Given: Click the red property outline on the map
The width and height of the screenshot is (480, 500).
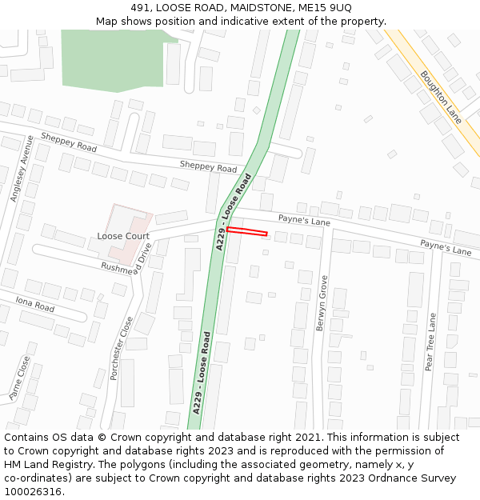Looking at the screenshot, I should (246, 231).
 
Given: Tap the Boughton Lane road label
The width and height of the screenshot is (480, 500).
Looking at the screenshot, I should (441, 97).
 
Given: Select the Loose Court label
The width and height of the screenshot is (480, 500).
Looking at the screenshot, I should (123, 236).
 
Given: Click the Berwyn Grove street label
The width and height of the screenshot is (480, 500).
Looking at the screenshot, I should (322, 303).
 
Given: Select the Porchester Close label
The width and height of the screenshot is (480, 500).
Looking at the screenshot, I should (126, 348).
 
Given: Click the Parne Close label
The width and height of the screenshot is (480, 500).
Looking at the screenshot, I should (18, 378).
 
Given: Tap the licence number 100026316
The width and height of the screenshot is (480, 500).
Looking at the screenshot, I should (33, 491).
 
